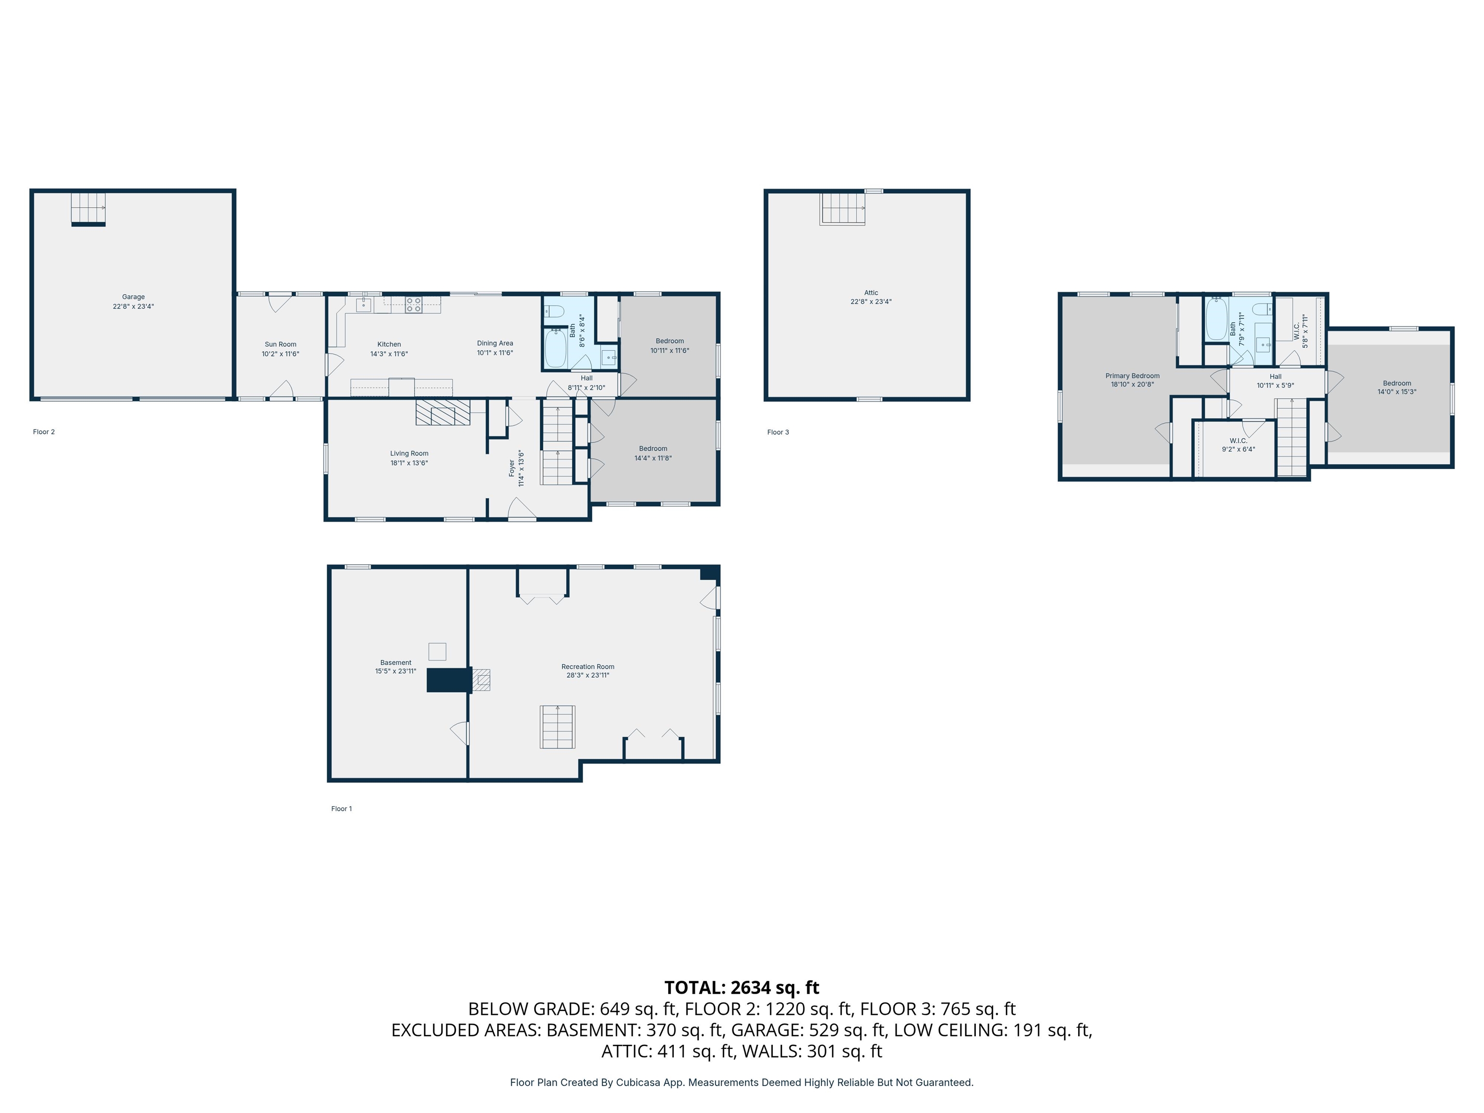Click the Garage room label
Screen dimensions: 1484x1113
pyautogui.click(x=133, y=297)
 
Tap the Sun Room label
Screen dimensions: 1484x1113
pyautogui.click(x=281, y=344)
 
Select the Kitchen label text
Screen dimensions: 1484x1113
pyautogui.click(x=389, y=344)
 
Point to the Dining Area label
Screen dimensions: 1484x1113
pyautogui.click(x=495, y=343)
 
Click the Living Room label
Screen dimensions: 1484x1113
pyautogui.click(x=409, y=454)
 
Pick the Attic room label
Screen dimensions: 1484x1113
pyautogui.click(x=871, y=293)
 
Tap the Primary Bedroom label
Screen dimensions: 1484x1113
pyautogui.click(x=1132, y=376)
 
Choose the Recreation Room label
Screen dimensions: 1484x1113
pyautogui.click(x=588, y=667)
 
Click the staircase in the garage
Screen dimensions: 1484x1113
pyautogui.click(x=88, y=209)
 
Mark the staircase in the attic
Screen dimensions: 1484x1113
pyautogui.click(x=842, y=208)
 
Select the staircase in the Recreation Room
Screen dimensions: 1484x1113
pyautogui.click(x=557, y=727)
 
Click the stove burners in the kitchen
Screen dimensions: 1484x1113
pyautogui.click(x=413, y=305)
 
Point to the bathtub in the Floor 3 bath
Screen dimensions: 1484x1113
pyautogui.click(x=1216, y=319)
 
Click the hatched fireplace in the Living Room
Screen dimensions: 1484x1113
pyautogui.click(x=443, y=413)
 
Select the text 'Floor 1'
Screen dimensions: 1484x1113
pyautogui.click(x=342, y=808)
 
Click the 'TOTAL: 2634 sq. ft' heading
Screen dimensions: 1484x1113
pyautogui.click(x=742, y=987)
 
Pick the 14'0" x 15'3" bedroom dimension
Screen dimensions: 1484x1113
pyautogui.click(x=1397, y=392)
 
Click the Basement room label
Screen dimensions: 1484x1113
pyautogui.click(x=396, y=663)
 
